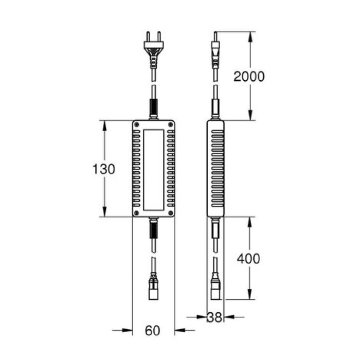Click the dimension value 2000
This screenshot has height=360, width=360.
[249, 77]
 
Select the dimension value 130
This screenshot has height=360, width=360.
[104, 169]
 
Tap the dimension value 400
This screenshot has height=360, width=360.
[248, 258]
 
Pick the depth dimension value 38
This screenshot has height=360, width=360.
[215, 318]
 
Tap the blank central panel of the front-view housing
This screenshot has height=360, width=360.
[153, 169]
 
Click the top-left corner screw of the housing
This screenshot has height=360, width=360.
[137, 125]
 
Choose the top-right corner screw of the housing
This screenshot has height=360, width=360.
[170, 125]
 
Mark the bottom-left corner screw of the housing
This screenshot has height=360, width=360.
[137, 212]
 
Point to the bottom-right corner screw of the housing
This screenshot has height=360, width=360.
[170, 212]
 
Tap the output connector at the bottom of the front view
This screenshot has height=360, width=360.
[153, 288]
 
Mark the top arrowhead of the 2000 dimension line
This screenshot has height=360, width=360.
[250, 35]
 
